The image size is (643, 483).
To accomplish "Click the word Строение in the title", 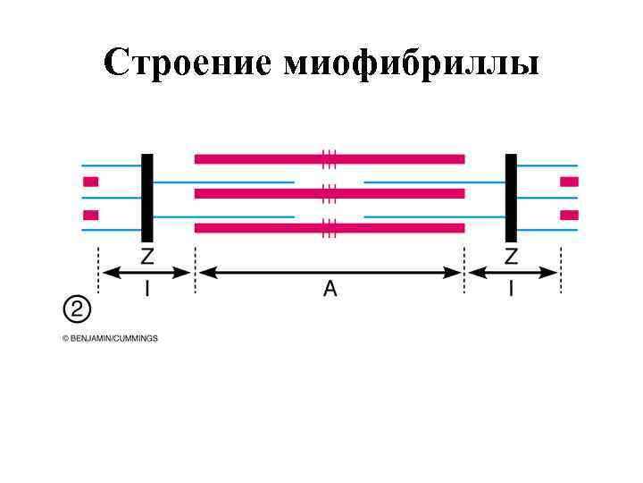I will (188, 64).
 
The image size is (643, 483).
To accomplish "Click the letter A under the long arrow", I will (330, 289).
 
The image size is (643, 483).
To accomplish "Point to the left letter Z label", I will (147, 258).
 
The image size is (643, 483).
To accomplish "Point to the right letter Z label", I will (511, 258).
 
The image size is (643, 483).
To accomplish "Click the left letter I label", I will (147, 289).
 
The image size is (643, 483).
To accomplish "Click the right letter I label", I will (511, 289).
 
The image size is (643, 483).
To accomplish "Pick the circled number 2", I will (76, 310).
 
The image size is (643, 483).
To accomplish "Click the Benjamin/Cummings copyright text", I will (110, 338).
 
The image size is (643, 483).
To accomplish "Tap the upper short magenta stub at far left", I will (90, 182).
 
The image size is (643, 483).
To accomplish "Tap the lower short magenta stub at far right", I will (569, 215).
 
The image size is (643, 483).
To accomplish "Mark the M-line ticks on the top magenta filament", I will (330, 159).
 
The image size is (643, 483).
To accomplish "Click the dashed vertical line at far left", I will (97, 268).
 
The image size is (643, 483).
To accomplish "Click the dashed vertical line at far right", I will (560, 268).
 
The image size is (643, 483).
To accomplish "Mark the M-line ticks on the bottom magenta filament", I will (330, 228).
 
